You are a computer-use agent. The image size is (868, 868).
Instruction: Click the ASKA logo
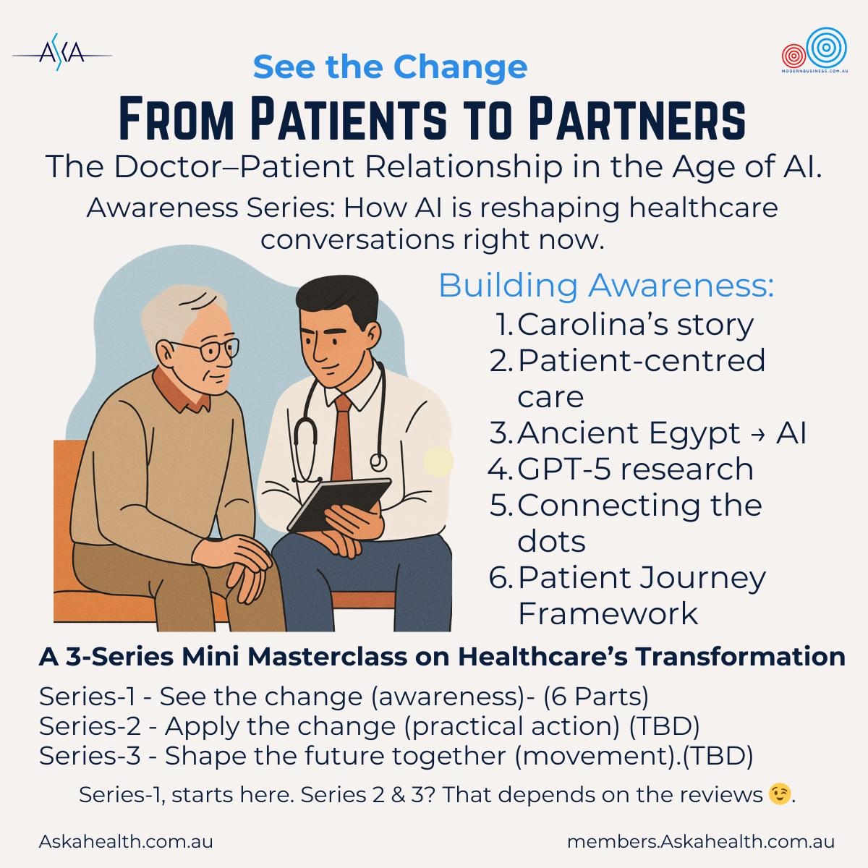(x=62, y=53)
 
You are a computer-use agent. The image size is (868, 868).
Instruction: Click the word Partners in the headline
(x=637, y=119)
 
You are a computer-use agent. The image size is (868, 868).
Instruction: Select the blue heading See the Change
(x=390, y=67)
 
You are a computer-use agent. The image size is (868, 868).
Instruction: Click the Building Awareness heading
(x=606, y=286)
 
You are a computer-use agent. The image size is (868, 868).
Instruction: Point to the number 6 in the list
(x=498, y=578)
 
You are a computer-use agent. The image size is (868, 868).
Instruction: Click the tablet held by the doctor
(x=339, y=504)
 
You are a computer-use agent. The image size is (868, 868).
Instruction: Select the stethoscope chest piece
(x=378, y=461)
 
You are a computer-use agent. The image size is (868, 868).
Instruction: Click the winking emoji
(x=780, y=794)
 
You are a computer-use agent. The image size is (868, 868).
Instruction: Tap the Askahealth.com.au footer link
(x=126, y=841)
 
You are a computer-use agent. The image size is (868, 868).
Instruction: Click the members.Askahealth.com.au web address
(x=701, y=841)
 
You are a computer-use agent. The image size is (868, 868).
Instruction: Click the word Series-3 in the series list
(x=90, y=755)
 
